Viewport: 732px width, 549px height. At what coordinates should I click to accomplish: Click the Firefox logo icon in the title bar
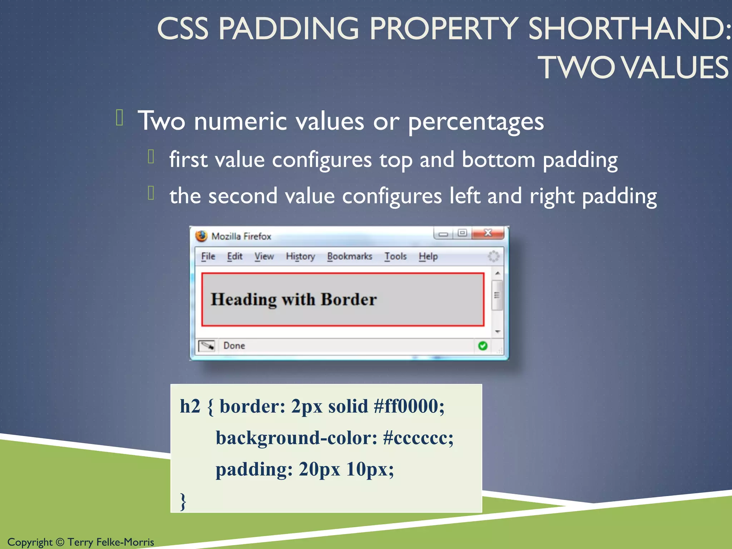tap(201, 236)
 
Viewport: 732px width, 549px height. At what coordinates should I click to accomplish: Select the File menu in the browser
tap(208, 256)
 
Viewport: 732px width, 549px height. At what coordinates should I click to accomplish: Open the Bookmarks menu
tap(349, 256)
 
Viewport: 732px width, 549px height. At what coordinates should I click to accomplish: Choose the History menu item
tap(300, 256)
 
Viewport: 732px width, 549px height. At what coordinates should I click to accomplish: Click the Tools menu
tap(395, 256)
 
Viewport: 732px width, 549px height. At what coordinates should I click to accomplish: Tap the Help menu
tap(428, 256)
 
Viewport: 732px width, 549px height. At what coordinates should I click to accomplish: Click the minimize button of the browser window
tap(443, 234)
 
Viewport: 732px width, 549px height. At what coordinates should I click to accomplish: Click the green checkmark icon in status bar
tap(483, 346)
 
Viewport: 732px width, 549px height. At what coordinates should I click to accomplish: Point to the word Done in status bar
tap(234, 346)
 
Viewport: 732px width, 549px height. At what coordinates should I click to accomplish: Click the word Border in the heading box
tap(348, 300)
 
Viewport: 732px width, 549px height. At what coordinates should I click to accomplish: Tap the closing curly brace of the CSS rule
tap(183, 501)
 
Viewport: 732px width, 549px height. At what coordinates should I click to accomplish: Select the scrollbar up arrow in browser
tap(497, 273)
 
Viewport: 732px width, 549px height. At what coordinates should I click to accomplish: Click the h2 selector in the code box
tap(190, 406)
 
